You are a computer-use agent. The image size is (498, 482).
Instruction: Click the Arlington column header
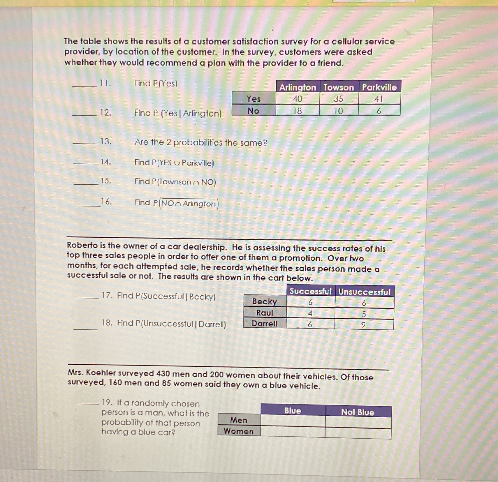pyautogui.click(x=298, y=87)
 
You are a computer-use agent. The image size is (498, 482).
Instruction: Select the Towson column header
pyautogui.click(x=339, y=87)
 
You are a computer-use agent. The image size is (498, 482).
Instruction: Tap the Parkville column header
pyautogui.click(x=379, y=87)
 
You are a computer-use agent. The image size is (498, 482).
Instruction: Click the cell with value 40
pyautogui.click(x=298, y=99)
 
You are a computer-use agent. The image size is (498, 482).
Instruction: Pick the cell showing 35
pyautogui.click(x=339, y=99)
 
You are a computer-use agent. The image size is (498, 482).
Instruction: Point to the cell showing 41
pyautogui.click(x=379, y=99)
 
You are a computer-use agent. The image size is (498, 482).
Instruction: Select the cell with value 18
pyautogui.click(x=298, y=111)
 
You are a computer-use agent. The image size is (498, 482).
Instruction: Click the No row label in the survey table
pyautogui.click(x=253, y=111)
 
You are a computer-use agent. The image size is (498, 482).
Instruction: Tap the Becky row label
pyautogui.click(x=265, y=301)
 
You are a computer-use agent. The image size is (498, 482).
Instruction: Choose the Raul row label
pyautogui.click(x=265, y=313)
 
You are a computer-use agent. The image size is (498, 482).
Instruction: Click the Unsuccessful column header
pyautogui.click(x=364, y=292)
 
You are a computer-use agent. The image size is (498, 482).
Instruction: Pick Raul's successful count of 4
pyautogui.click(x=310, y=314)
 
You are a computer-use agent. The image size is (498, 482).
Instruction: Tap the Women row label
pyautogui.click(x=239, y=431)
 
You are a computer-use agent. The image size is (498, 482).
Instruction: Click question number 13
pyautogui.click(x=106, y=142)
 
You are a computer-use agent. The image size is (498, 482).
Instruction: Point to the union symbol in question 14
pyautogui.click(x=177, y=163)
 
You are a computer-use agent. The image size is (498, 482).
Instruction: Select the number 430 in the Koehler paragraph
pyautogui.click(x=163, y=374)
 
